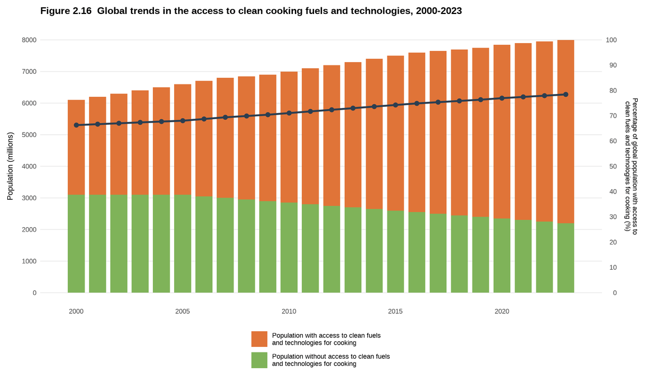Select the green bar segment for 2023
click(x=565, y=258)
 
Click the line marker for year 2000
click(x=76, y=125)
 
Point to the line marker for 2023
click(x=565, y=95)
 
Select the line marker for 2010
click(x=289, y=113)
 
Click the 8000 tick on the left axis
click(x=29, y=40)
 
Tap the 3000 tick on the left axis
click(x=29, y=198)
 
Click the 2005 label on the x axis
click(x=183, y=311)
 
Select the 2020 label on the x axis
click(x=502, y=311)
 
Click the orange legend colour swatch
click(x=259, y=339)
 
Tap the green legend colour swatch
click(x=259, y=360)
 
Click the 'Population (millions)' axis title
click(x=10, y=166)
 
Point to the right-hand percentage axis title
click(x=631, y=166)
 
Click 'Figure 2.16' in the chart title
click(x=66, y=11)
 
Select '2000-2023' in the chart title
click(x=438, y=11)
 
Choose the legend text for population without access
click(x=330, y=360)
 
